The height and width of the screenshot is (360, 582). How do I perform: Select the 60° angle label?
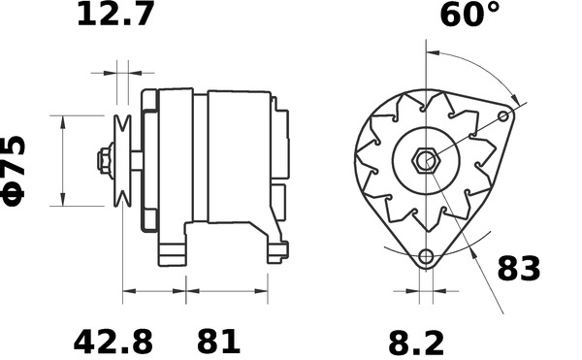coord(470,16)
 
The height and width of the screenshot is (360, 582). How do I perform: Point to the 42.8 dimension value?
coord(113,342)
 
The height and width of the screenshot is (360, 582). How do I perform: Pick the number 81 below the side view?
coord(218,342)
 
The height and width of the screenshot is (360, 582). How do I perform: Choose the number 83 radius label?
coord(519,269)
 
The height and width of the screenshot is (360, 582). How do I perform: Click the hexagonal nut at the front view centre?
coord(424,160)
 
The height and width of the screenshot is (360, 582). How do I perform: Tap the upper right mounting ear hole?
coord(503,116)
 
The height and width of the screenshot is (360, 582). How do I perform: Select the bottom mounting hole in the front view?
coord(425,257)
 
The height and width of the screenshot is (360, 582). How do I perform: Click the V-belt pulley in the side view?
coord(122,160)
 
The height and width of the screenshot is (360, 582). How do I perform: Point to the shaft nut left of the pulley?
coord(102,160)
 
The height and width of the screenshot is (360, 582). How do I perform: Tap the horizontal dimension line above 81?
coord(227,290)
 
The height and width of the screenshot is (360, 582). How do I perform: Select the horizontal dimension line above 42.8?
coord(153,290)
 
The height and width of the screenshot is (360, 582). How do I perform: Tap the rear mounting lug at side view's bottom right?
coord(276,253)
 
